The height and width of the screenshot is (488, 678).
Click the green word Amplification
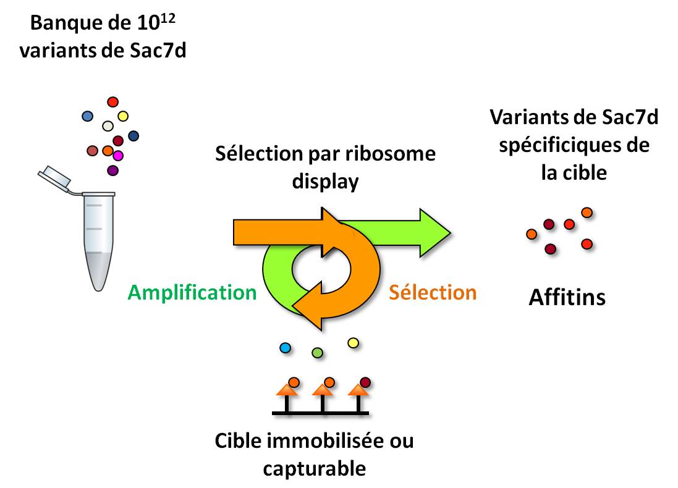point(192,292)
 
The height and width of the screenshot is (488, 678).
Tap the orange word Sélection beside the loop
point(433,292)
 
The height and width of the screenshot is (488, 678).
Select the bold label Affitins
point(567,298)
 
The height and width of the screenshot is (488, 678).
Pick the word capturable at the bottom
point(314,469)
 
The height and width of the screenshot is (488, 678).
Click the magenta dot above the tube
point(118,156)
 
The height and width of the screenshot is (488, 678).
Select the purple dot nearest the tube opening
point(112,170)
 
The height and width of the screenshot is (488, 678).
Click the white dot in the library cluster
point(108,126)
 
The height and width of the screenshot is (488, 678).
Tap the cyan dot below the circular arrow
point(285,348)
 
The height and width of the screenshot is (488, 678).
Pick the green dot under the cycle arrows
point(318,353)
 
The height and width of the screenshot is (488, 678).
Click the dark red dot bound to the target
point(365,382)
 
